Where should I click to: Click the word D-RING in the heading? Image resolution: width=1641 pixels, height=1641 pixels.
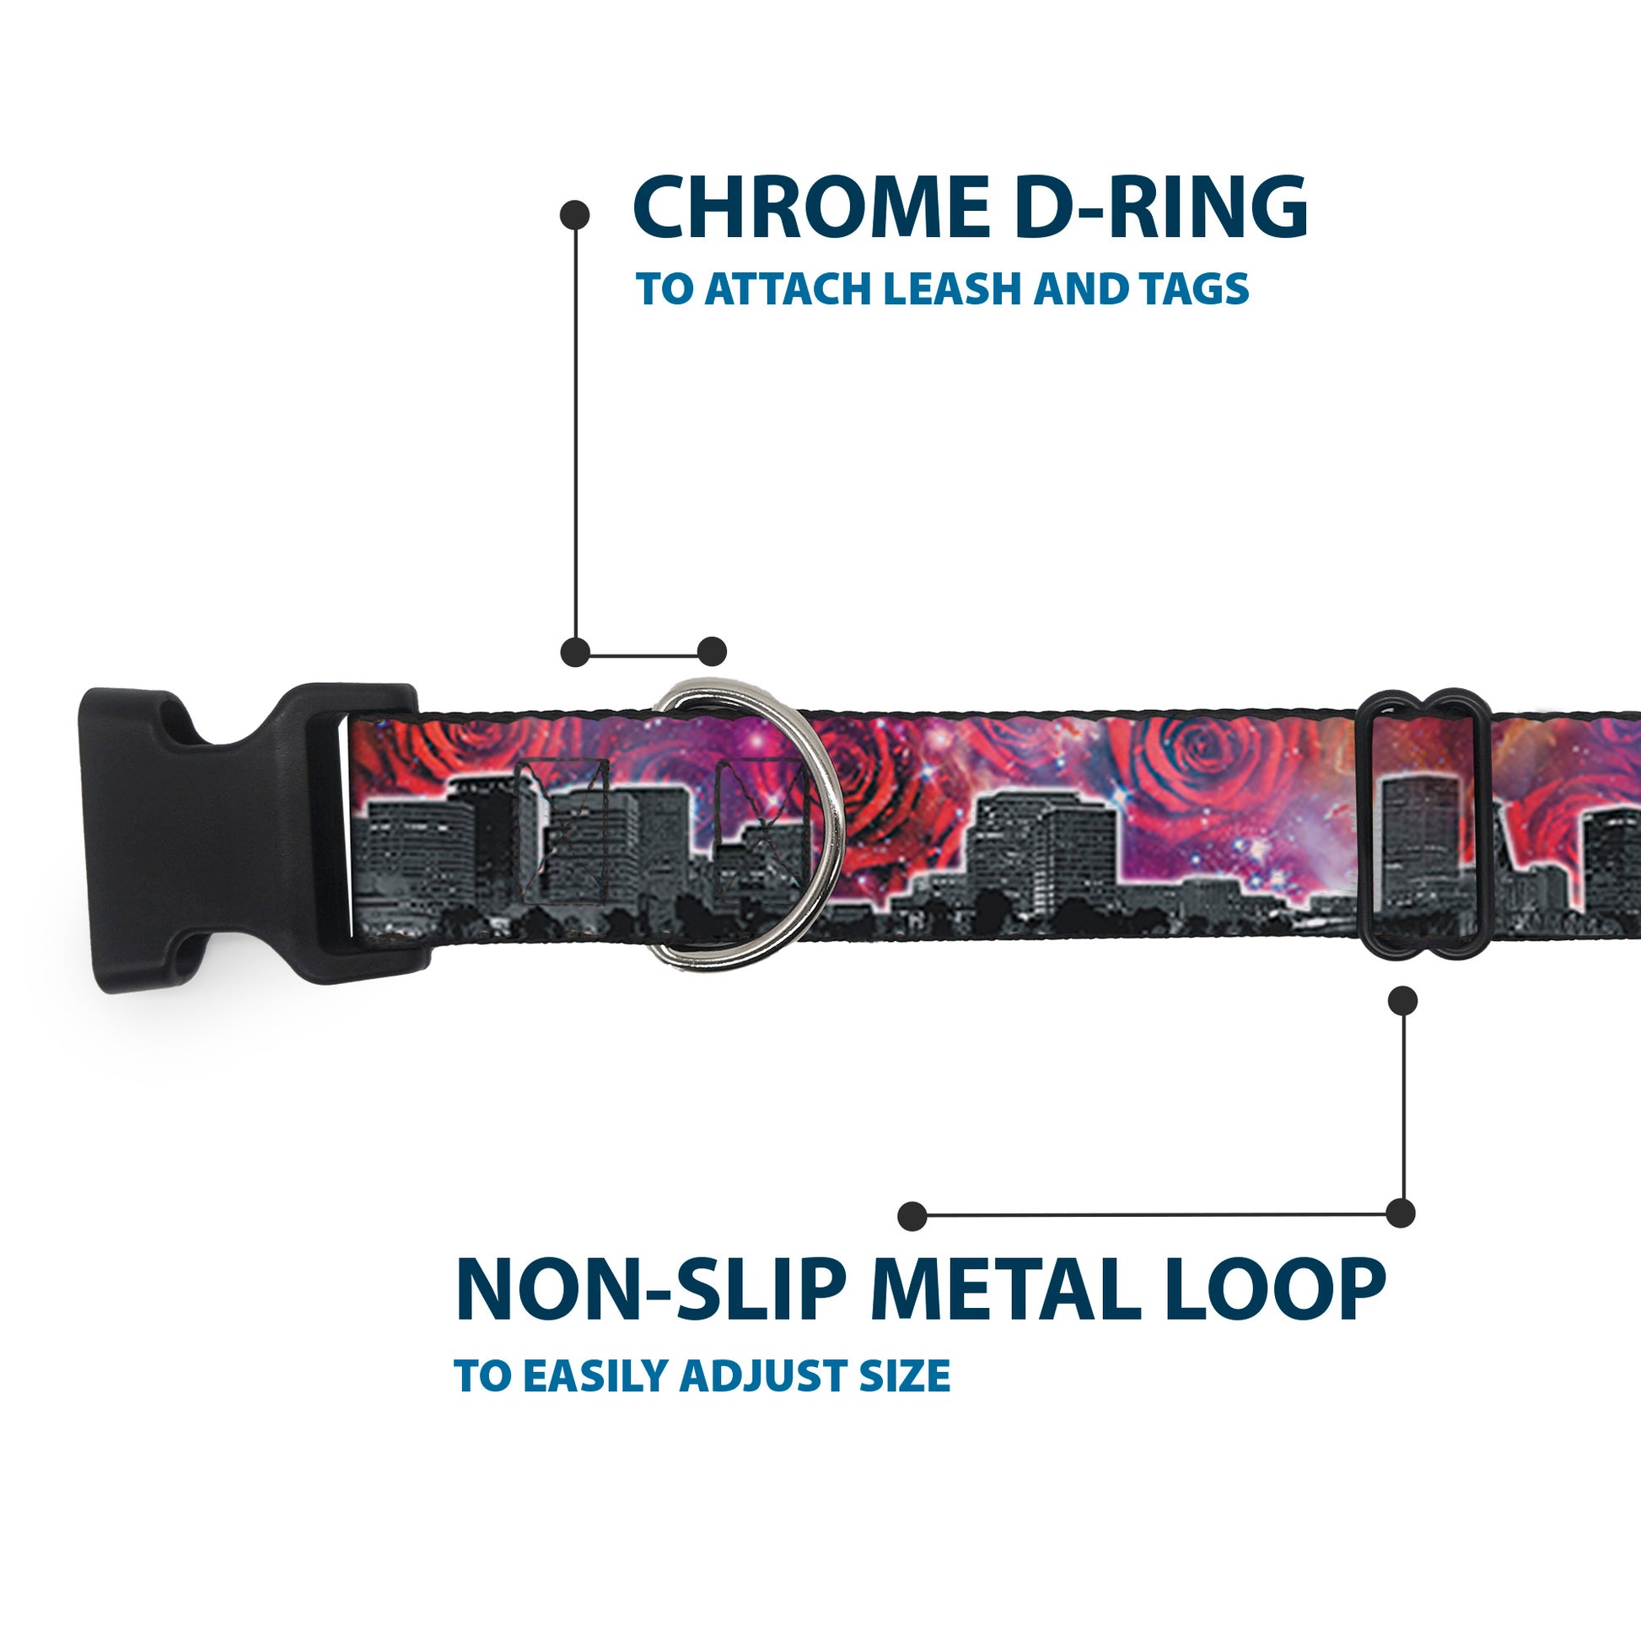(x=1160, y=207)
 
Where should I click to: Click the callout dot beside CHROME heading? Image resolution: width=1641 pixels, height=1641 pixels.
(x=575, y=214)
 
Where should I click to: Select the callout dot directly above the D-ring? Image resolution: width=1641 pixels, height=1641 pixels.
(x=712, y=652)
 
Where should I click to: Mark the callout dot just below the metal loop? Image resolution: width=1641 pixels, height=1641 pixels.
(x=1402, y=1000)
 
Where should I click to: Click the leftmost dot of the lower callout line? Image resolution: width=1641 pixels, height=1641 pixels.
(x=912, y=1215)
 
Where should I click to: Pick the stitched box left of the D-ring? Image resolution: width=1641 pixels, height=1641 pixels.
(x=563, y=831)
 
